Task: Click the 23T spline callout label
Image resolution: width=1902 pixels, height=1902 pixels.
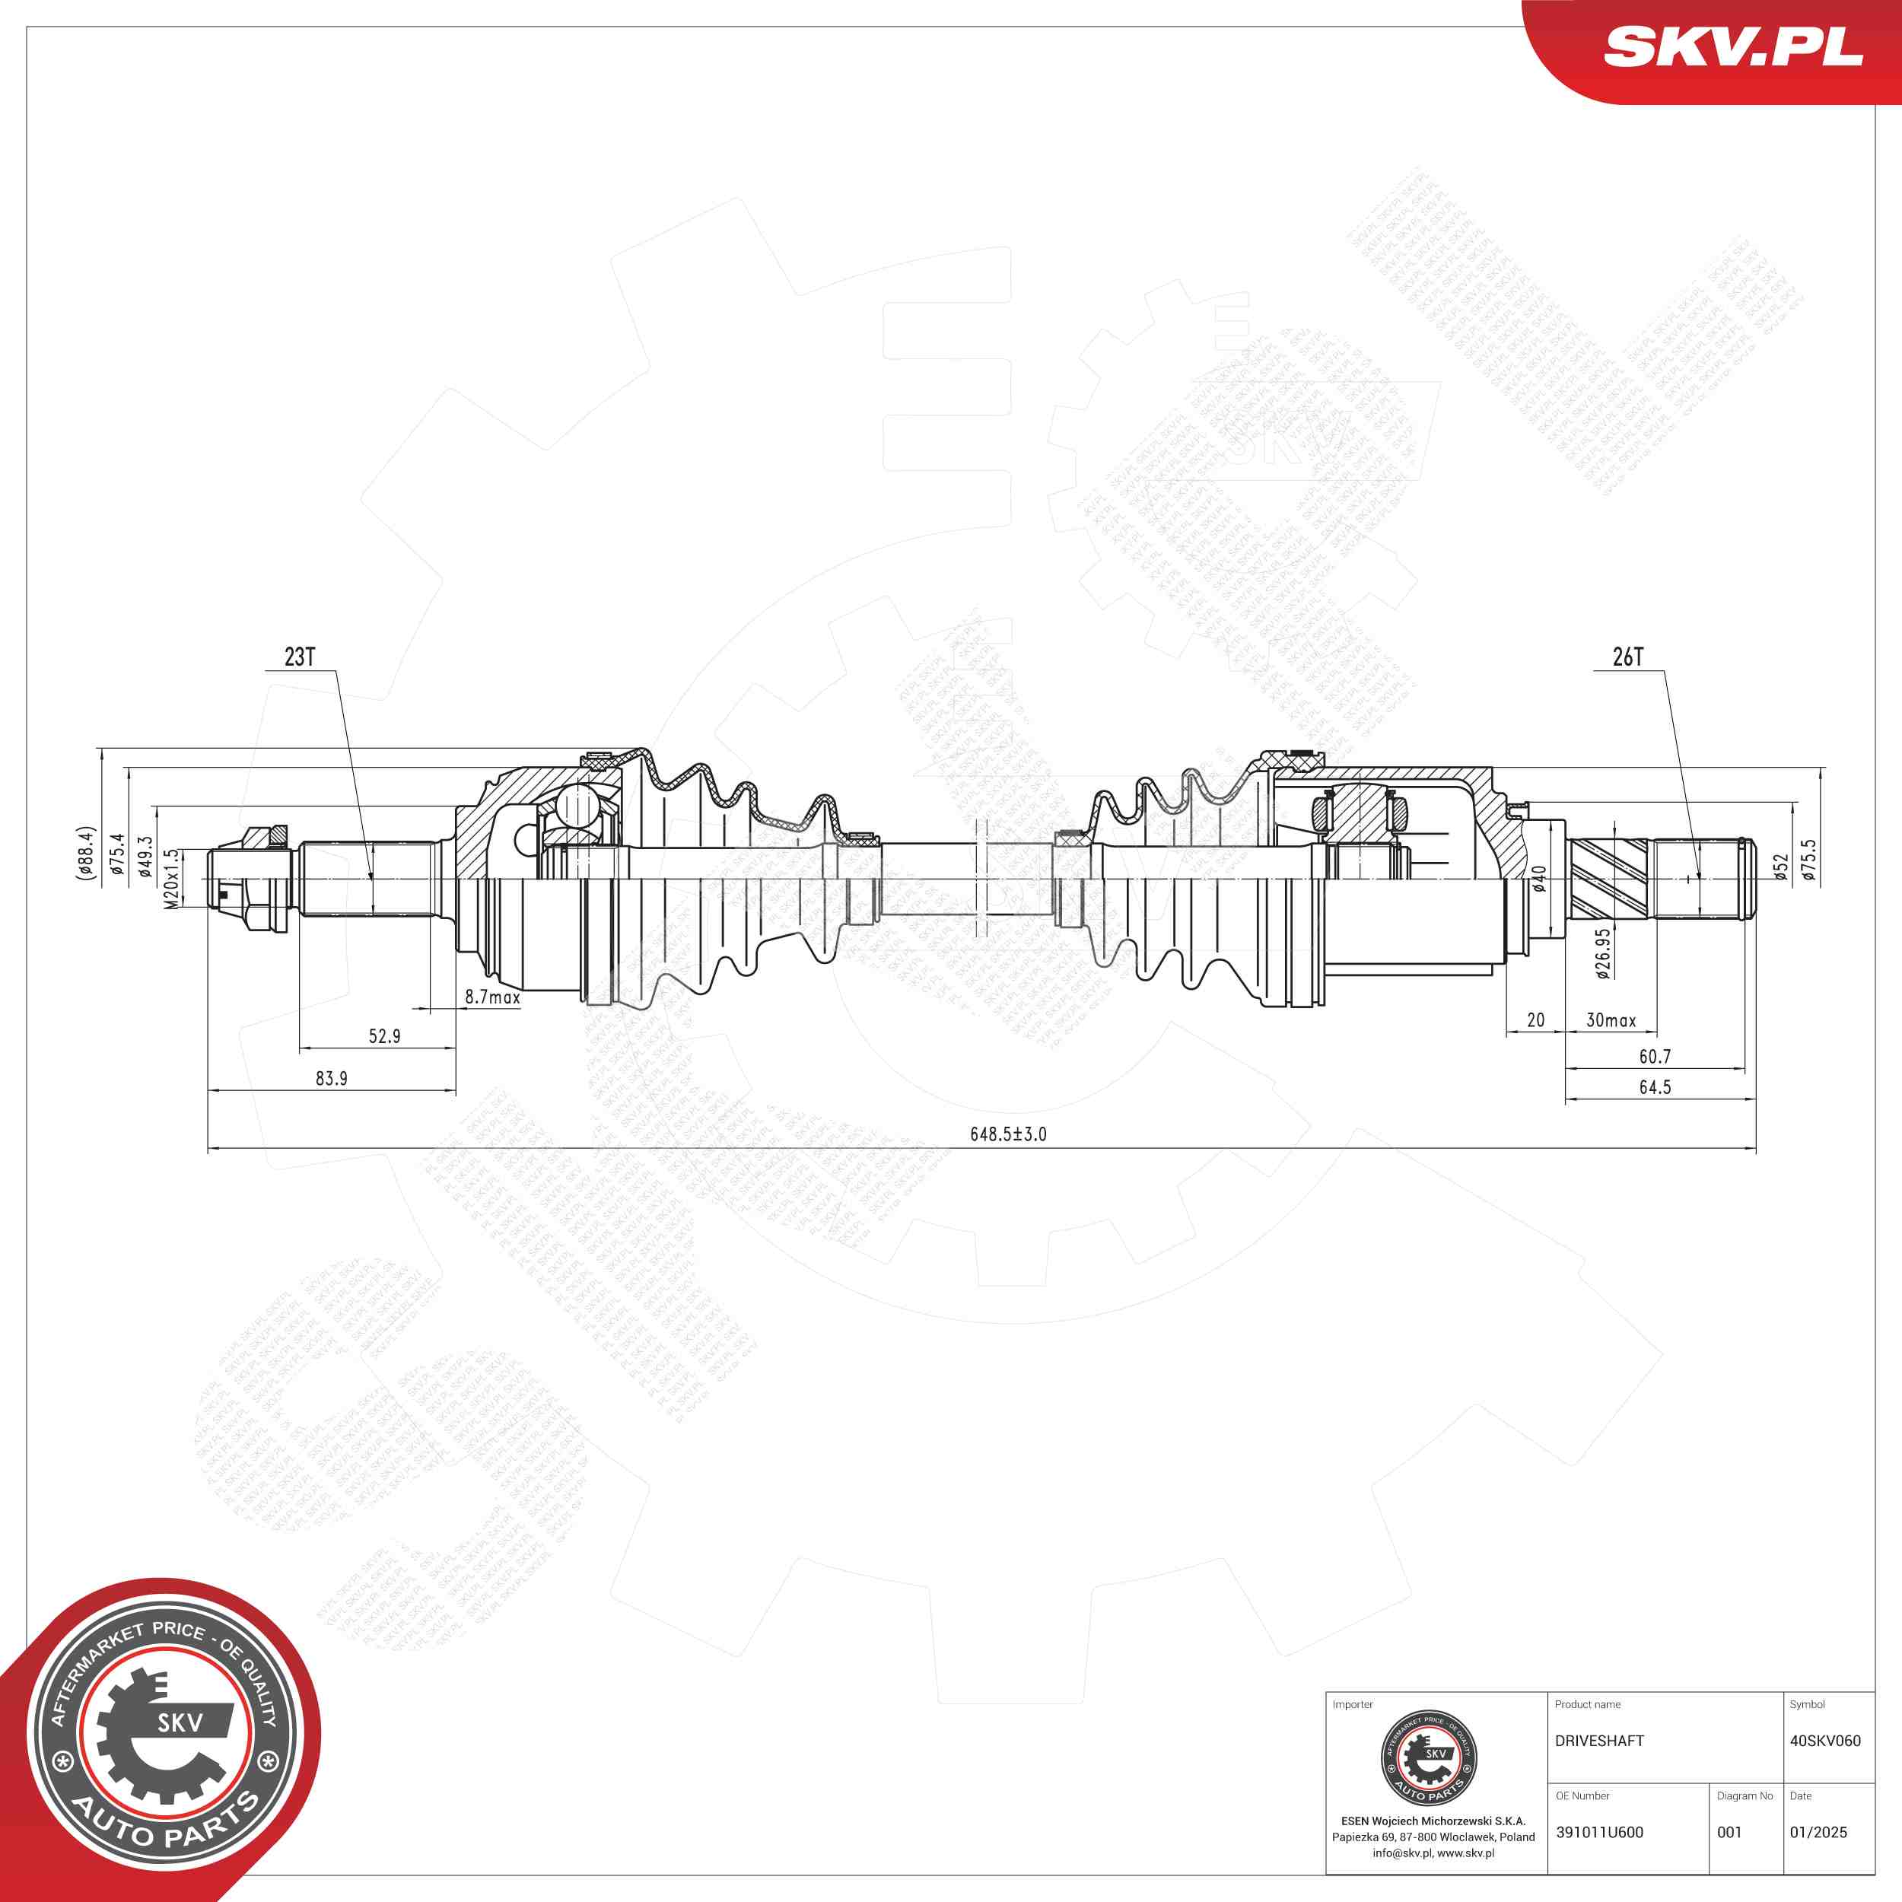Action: (x=299, y=657)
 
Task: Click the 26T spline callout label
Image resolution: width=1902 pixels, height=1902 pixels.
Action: (x=1627, y=657)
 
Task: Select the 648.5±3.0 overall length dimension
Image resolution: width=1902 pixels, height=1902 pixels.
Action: (x=1008, y=1134)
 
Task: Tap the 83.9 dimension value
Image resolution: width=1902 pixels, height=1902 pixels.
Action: (x=331, y=1078)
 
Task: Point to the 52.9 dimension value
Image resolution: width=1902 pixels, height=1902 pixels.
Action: (x=384, y=1035)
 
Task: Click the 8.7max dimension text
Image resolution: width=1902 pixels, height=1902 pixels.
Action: (x=492, y=997)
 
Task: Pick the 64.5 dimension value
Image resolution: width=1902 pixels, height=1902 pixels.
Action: (x=1655, y=1087)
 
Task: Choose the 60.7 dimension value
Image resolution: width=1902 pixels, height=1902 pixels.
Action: (x=1655, y=1056)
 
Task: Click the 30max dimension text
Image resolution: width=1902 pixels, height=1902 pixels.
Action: (x=1611, y=1020)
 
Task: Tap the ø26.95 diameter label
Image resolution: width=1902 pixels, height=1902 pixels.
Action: (x=1604, y=954)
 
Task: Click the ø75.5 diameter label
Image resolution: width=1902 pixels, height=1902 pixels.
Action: (x=1808, y=858)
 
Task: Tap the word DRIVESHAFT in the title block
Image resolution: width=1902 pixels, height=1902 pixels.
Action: (x=1598, y=1741)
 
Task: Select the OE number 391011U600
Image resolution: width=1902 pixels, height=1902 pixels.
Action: (x=1598, y=1832)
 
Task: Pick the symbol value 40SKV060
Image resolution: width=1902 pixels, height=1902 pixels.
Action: (x=1824, y=1741)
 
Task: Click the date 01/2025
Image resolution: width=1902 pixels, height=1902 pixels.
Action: (x=1818, y=1832)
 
